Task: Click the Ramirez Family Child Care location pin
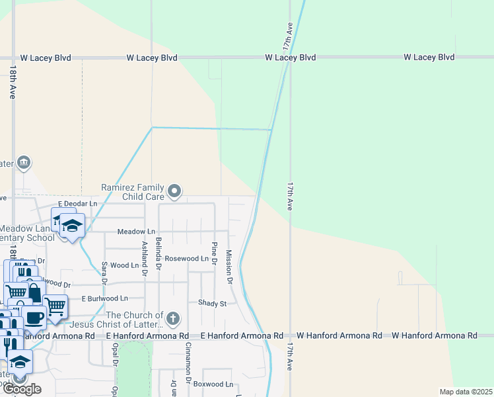click(x=174, y=192)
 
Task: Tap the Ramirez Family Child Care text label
click(x=132, y=192)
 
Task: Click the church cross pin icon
click(x=172, y=320)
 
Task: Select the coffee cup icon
click(x=34, y=317)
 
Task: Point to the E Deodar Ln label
click(x=77, y=203)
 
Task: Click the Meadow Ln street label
click(x=136, y=232)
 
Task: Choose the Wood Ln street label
click(x=124, y=265)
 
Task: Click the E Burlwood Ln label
click(x=104, y=298)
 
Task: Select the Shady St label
click(x=212, y=303)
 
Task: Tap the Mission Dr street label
click(x=229, y=267)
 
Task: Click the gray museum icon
click(x=24, y=162)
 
